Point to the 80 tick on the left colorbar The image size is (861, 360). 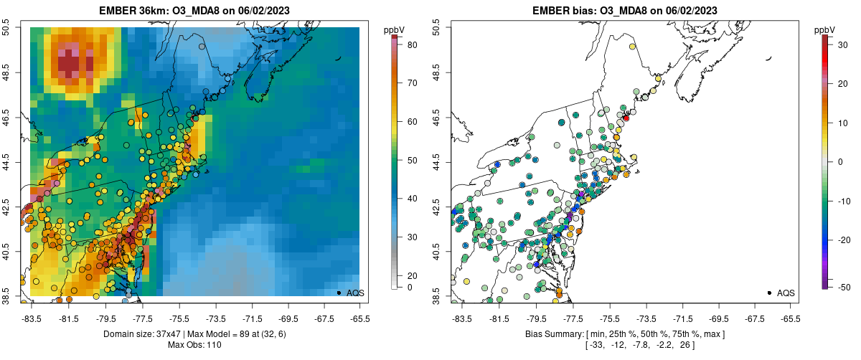click(x=413, y=45)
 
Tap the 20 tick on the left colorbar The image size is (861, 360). click(x=413, y=275)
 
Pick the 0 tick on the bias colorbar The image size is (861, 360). click(x=836, y=162)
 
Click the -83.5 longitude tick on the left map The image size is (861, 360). click(x=32, y=318)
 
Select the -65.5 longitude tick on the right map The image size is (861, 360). click(x=789, y=318)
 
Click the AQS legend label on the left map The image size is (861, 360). click(x=355, y=293)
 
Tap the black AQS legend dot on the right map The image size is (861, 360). click(x=769, y=293)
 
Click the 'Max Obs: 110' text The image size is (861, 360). click(x=195, y=345)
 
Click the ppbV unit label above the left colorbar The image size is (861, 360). click(x=394, y=29)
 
